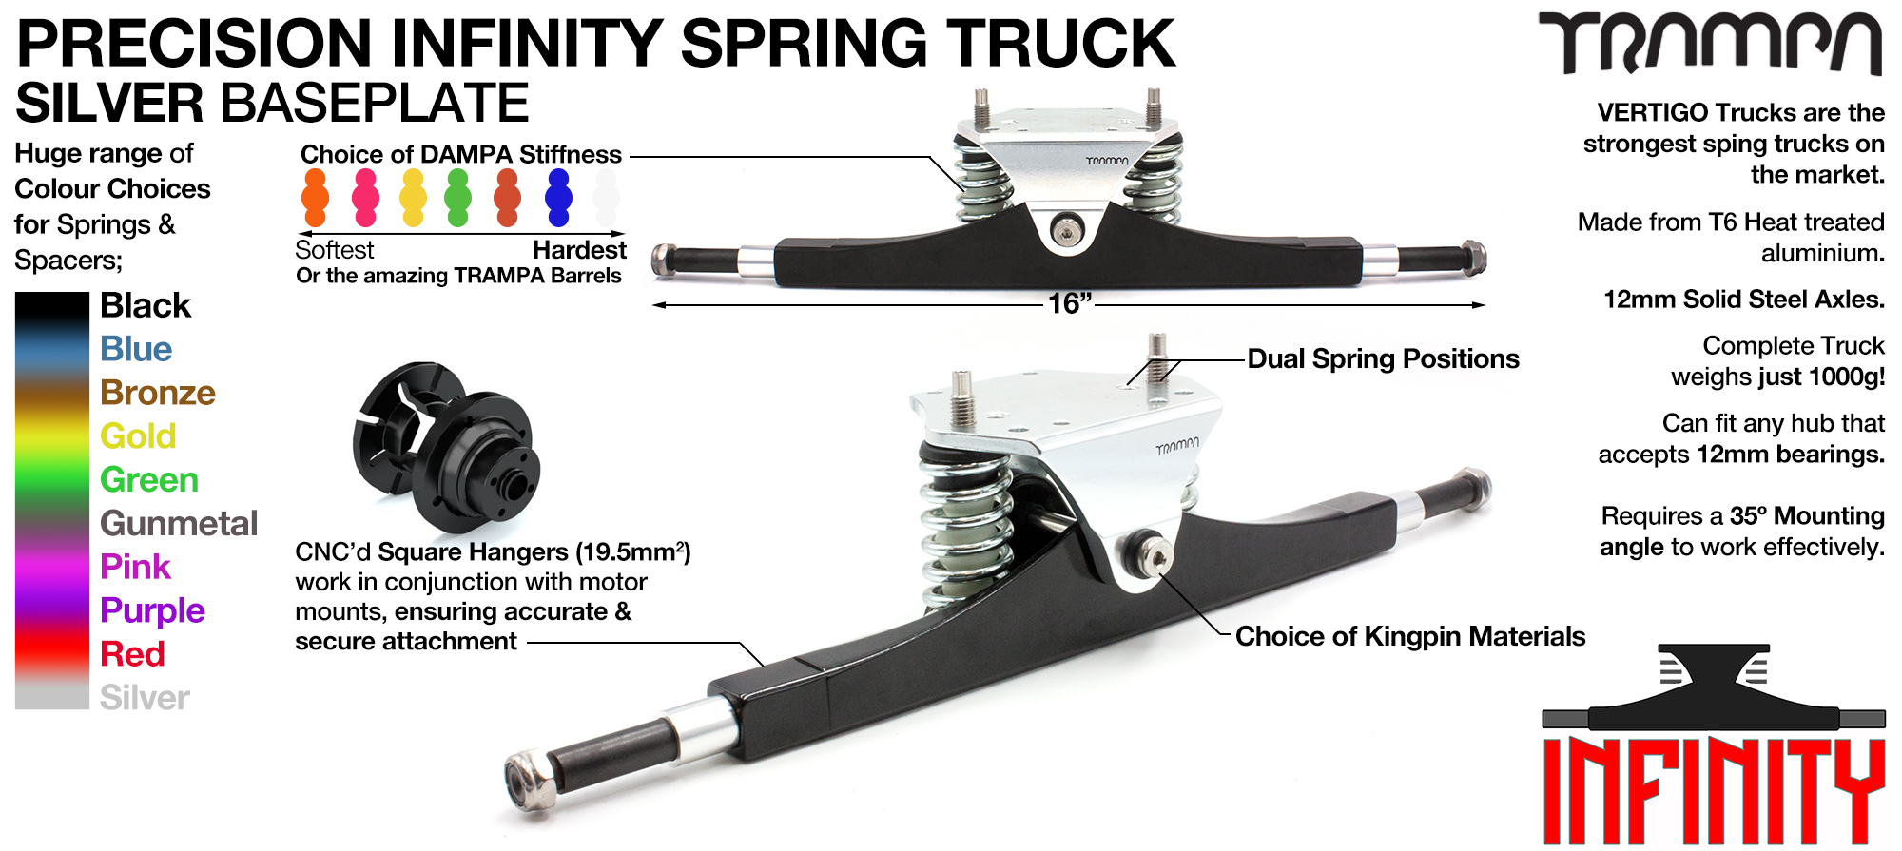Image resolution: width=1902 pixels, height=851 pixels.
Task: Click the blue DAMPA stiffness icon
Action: point(558,198)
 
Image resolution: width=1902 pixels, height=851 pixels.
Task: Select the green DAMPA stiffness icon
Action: point(458,198)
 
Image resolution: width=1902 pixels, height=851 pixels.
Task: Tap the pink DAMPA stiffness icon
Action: point(365,198)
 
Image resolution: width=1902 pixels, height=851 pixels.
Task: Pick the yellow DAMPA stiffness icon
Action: point(413,198)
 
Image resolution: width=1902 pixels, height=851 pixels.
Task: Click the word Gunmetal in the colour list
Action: point(179,524)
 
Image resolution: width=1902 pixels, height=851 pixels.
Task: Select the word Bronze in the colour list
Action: point(158,393)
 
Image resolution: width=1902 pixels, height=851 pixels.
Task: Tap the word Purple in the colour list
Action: point(152,610)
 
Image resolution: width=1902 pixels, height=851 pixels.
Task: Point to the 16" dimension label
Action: point(1069,304)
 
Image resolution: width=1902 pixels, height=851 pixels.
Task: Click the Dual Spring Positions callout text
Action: point(1383,359)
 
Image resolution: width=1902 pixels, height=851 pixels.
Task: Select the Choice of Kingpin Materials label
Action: point(1410,636)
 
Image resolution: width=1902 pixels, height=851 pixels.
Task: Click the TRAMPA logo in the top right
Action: point(1710,43)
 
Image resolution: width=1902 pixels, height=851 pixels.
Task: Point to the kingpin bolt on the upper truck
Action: point(1067,230)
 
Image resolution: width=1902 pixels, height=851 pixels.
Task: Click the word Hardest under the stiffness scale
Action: point(579,250)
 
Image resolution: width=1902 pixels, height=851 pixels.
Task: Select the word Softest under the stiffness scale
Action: point(335,250)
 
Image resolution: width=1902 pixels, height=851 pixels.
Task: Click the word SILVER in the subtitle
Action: point(110,104)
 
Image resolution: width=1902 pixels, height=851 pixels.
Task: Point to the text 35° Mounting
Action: point(1806,516)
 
